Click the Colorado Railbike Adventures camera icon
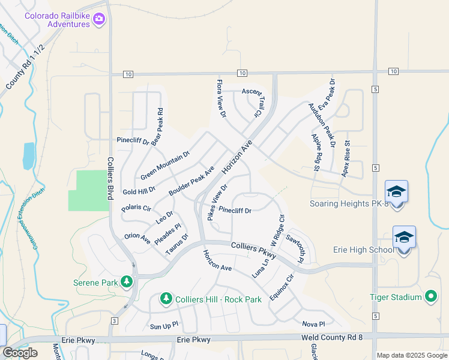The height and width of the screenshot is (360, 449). tap(99, 20)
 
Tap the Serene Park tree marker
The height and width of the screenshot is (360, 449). tap(127, 281)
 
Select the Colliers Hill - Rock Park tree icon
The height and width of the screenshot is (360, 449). tap(166, 298)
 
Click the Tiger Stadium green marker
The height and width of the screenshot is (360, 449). tap(430, 296)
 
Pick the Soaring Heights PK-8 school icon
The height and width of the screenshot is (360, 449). tap(396, 191)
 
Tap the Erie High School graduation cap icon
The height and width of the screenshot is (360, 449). tap(404, 237)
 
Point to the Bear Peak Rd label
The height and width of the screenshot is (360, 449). tap(157, 127)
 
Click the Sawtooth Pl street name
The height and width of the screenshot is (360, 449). tap(297, 248)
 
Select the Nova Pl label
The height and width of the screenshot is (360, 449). tap(313, 324)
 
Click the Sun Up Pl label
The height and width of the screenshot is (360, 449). tap(164, 326)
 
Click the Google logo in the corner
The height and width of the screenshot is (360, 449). tap(20, 353)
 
